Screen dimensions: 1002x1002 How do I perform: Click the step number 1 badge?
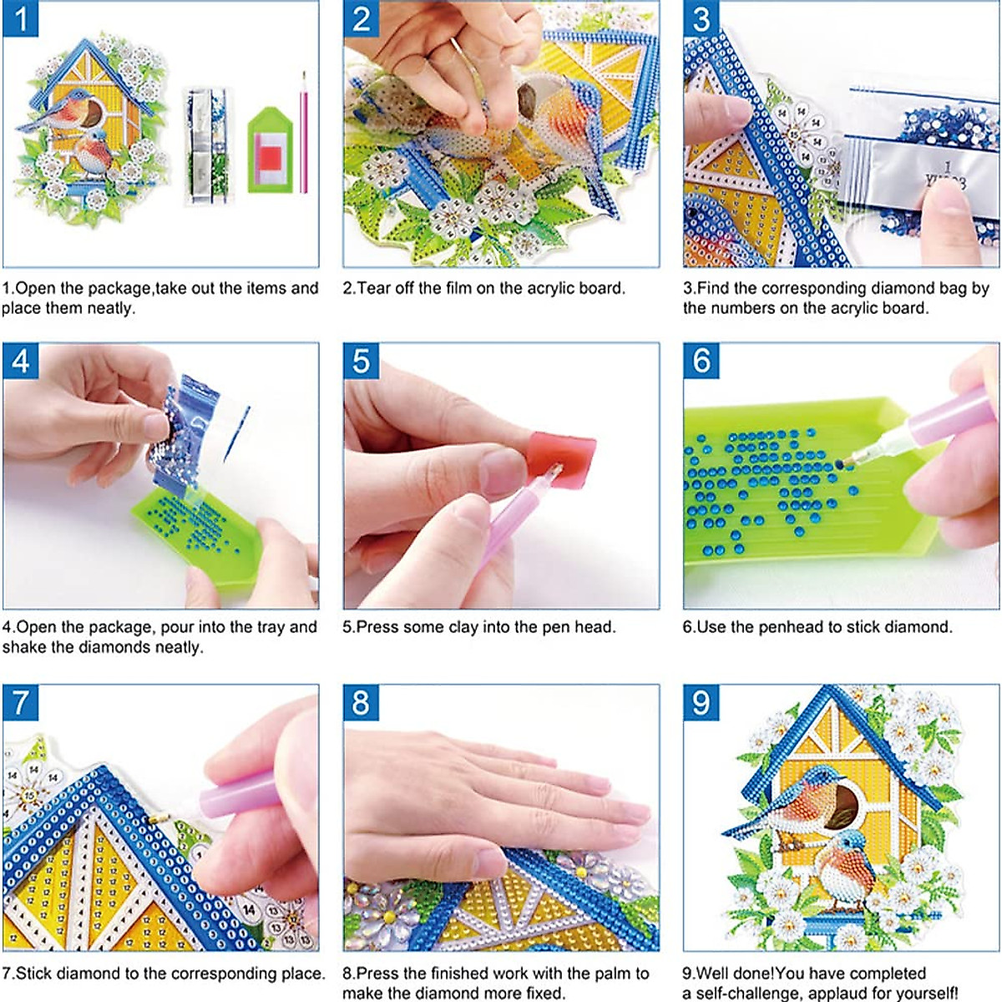[x=20, y=20]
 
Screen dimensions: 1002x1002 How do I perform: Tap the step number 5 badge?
[x=361, y=362]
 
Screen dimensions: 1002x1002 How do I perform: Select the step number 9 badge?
[x=701, y=703]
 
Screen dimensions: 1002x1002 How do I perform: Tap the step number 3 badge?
[x=701, y=20]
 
